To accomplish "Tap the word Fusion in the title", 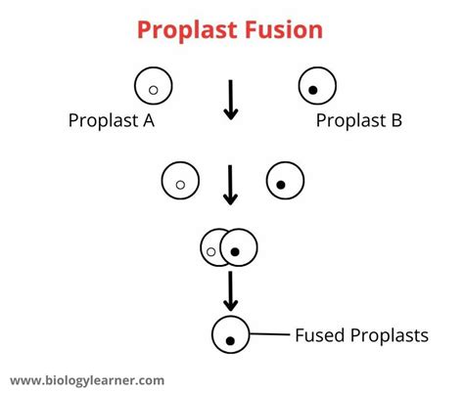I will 287,28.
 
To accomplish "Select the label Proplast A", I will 111,121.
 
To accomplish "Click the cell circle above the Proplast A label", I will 154,86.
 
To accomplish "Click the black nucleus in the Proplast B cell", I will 313,92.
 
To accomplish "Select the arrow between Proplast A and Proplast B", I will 231,98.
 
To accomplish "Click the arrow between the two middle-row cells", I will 231,184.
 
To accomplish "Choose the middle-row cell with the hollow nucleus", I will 181,180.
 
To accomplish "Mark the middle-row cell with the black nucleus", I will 285,180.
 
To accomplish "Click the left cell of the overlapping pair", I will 211,249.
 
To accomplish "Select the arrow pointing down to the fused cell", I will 231,292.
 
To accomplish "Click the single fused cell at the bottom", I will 231,335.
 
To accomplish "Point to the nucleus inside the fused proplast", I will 231,341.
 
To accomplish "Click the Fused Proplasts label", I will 361,336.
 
